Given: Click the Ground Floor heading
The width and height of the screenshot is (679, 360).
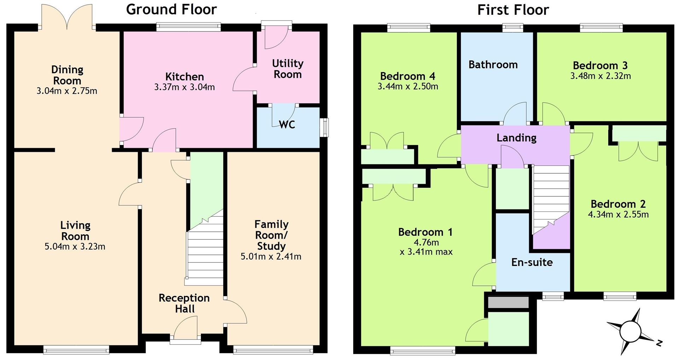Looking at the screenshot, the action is (172, 10).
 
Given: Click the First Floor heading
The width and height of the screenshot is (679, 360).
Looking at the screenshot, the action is (513, 10).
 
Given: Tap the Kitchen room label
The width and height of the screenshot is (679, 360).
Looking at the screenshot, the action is (185, 76).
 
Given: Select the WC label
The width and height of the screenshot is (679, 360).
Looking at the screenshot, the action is (287, 124).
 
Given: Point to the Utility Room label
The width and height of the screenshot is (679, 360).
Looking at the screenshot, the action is (288, 69).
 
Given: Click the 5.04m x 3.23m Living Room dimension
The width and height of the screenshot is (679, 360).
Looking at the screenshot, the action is (75, 246).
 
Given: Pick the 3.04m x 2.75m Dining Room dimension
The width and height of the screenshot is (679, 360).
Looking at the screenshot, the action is (67, 91).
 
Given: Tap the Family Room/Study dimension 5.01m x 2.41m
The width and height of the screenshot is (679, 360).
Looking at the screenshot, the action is (271, 256).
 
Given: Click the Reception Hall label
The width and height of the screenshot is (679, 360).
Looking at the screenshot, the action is (184, 303).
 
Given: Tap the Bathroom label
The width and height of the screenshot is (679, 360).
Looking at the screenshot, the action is (493, 64).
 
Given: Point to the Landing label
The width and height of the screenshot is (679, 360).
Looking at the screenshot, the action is (516, 138).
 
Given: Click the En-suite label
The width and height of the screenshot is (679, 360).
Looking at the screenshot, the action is (532, 262).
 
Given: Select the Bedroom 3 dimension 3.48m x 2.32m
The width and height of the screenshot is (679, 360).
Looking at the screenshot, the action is (600, 76).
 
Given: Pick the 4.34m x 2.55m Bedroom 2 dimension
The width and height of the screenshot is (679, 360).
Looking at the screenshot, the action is (618, 214).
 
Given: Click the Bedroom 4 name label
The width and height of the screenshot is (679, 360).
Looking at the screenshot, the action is (408, 76).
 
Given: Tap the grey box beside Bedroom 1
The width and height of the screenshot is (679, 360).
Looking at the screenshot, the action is (508, 302).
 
